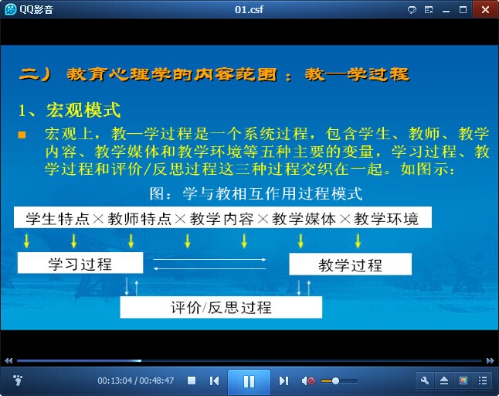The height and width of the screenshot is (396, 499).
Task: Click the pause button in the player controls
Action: click(249, 381)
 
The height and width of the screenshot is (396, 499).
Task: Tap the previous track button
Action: click(214, 381)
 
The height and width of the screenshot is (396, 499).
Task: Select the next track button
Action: click(283, 381)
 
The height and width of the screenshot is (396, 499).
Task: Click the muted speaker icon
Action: click(308, 381)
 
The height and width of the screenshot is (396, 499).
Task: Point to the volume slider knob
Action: click(335, 381)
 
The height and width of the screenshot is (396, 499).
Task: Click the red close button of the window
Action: click(486, 9)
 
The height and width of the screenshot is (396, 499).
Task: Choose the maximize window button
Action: click(463, 10)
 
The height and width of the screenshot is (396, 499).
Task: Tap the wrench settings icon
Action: click(425, 381)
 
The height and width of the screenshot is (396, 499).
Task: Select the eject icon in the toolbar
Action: click(444, 381)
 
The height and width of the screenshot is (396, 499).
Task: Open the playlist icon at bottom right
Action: click(483, 381)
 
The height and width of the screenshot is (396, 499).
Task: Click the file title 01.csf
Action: click(249, 9)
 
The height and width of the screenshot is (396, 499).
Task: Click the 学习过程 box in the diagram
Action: click(80, 263)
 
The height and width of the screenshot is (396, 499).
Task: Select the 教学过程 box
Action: click(350, 264)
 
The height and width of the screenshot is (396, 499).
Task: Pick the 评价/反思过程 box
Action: click(221, 307)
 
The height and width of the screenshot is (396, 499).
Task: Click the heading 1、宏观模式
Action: click(70, 111)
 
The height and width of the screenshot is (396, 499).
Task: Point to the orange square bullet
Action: click(22, 135)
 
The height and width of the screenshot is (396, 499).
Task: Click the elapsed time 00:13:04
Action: click(114, 381)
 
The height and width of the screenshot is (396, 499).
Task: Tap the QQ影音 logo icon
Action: click(11, 9)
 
